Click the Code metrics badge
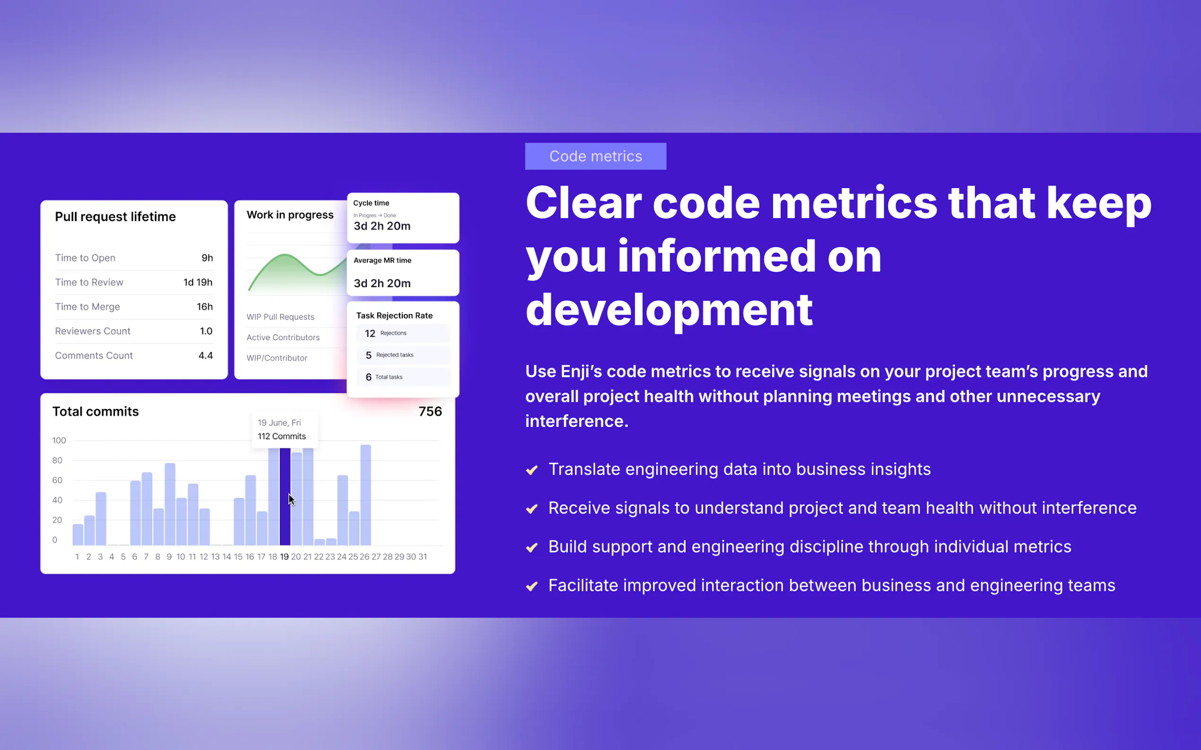click(x=595, y=156)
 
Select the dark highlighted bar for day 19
click(x=285, y=496)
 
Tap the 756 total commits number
click(x=430, y=411)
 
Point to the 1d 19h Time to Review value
click(x=198, y=282)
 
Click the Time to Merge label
click(x=87, y=307)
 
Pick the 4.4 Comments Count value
click(x=206, y=355)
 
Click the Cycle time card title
click(x=371, y=203)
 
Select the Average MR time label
click(x=383, y=260)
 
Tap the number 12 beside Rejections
click(x=370, y=333)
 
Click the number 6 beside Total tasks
click(x=368, y=377)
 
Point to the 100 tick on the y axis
click(x=59, y=440)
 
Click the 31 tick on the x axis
click(x=423, y=556)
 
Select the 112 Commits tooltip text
click(x=281, y=436)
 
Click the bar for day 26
click(x=366, y=495)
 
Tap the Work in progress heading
click(x=290, y=215)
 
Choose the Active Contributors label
click(x=283, y=337)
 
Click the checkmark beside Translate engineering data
click(x=532, y=470)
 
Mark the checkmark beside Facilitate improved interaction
click(x=532, y=586)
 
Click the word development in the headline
click(x=669, y=310)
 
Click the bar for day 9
click(x=170, y=504)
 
